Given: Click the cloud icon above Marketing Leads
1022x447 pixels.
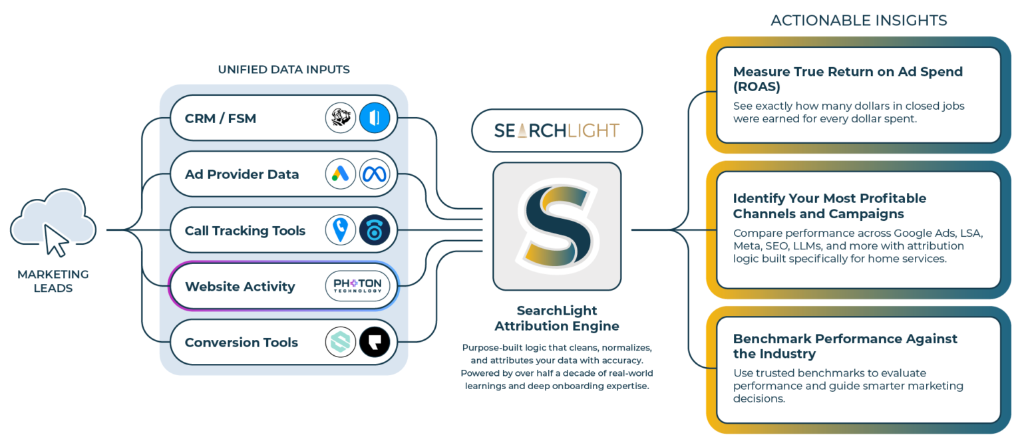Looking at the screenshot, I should coord(53,222).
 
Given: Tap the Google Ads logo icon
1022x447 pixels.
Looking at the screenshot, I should coord(341,175).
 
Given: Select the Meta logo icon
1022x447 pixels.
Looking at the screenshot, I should coord(375,175).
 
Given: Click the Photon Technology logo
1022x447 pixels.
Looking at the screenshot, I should coord(358,287).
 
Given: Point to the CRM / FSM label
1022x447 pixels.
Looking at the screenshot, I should coord(220,119).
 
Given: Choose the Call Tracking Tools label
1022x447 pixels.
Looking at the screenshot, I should coord(245,231).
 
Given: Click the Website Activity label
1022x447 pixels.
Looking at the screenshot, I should coord(240,287).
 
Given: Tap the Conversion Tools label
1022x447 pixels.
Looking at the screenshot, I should coord(242,343).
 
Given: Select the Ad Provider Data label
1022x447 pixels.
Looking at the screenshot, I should coord(242,175).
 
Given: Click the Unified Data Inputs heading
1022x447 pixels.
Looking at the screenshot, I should coord(283,69).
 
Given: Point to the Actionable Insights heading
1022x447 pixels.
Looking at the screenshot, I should coord(858,21).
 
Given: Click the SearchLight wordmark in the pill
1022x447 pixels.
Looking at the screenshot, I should coord(557,130).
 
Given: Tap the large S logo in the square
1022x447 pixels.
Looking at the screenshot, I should coord(557,226).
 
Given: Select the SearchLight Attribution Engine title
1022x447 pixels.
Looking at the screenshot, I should coord(557,318).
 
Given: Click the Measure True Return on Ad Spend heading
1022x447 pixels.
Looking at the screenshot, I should coord(848,79).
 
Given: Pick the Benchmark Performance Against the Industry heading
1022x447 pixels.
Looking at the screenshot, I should coord(845,346).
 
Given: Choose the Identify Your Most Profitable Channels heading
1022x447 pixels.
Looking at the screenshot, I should coord(829,206).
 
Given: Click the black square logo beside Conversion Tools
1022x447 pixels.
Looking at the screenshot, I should coord(375,343).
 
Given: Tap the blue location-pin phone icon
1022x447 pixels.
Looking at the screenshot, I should coord(341,231).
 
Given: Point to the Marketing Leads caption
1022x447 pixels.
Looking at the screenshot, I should coord(53,281).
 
